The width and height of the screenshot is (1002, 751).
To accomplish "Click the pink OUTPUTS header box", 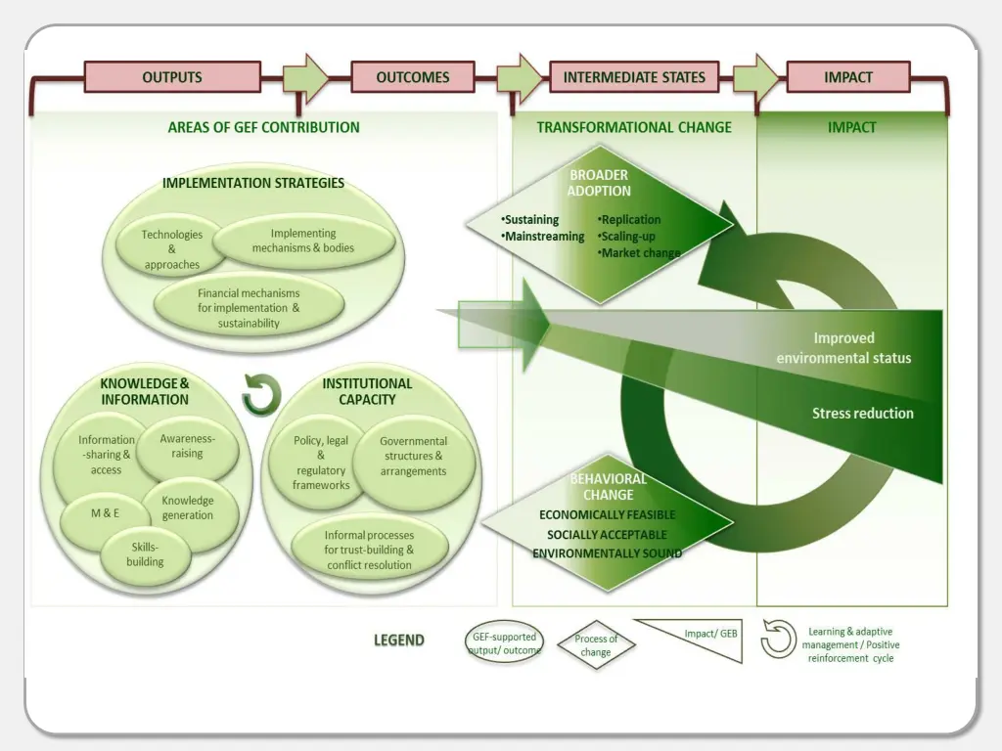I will pyautogui.click(x=172, y=77).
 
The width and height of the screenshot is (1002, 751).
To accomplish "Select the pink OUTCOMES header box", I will pyautogui.click(x=412, y=77).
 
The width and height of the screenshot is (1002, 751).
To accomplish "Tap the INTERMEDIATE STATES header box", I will pyautogui.click(x=633, y=77).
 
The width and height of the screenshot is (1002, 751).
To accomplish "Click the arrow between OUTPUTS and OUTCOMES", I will pyautogui.click(x=305, y=78).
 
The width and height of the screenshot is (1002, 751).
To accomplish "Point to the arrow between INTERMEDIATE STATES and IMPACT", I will pyautogui.click(x=754, y=78).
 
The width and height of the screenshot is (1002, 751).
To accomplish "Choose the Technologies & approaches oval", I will pyautogui.click(x=171, y=249).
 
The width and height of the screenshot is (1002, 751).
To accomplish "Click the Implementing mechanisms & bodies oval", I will pyautogui.click(x=303, y=241).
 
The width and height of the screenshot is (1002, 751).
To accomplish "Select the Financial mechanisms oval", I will pyautogui.click(x=249, y=307).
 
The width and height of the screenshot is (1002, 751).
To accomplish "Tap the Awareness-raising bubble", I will pyautogui.click(x=187, y=447).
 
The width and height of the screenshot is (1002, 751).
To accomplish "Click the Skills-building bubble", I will pyautogui.click(x=144, y=554).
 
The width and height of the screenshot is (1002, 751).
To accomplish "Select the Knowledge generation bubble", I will pyautogui.click(x=188, y=508).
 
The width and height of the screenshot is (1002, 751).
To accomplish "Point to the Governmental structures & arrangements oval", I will pyautogui.click(x=414, y=457).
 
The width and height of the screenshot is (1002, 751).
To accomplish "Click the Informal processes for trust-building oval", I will pyautogui.click(x=369, y=550).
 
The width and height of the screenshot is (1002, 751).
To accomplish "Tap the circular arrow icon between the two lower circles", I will pyautogui.click(x=261, y=395).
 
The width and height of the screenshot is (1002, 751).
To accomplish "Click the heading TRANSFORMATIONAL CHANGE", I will pyautogui.click(x=633, y=127).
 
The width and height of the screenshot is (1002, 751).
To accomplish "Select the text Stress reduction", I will pyautogui.click(x=862, y=414).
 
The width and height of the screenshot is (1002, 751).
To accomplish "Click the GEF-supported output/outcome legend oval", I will pyautogui.click(x=503, y=643).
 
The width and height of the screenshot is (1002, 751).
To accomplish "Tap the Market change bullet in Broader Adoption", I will pyautogui.click(x=638, y=253).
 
